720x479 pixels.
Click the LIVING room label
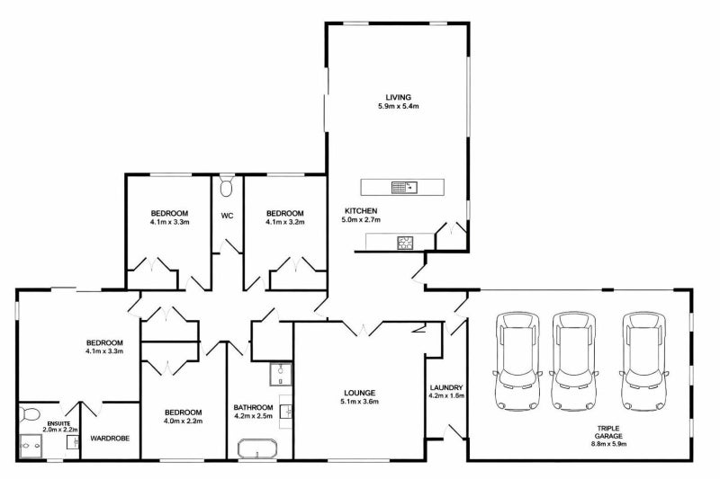[399, 96]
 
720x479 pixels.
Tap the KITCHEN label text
[359, 209]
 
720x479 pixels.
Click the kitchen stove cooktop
[405, 241]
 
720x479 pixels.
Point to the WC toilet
[227, 187]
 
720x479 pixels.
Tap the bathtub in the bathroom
[258, 449]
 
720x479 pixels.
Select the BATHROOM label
[253, 407]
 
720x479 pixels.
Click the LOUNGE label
[359, 393]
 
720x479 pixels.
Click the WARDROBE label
[109, 439]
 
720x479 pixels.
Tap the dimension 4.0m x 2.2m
[184, 421]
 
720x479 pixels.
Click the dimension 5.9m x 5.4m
[399, 106]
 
